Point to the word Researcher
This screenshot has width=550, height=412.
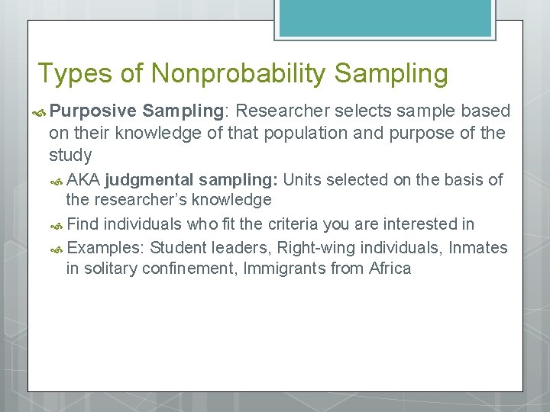278,111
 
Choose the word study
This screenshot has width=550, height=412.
70,156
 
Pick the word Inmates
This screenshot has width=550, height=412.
480,247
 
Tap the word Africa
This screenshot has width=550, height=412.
390,269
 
